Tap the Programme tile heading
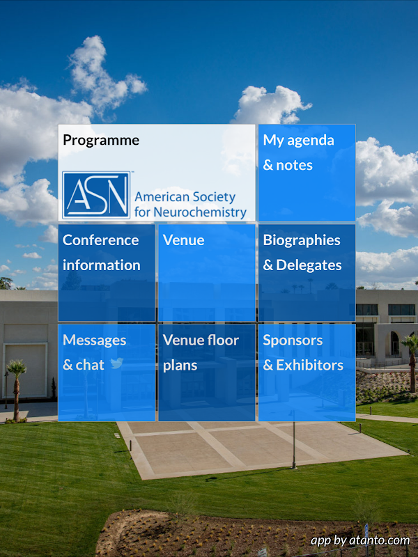pyautogui.click(x=101, y=141)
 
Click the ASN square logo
pyautogui.click(x=96, y=195)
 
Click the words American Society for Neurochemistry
pyautogui.click(x=190, y=204)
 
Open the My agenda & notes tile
pyautogui.click(x=307, y=173)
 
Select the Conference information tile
pyautogui.click(x=107, y=272)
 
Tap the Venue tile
pyautogui.click(x=206, y=272)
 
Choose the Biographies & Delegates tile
pyautogui.click(x=307, y=272)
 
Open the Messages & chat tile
pyautogui.click(x=107, y=372)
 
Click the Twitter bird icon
pyautogui.click(x=116, y=363)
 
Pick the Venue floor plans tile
pyautogui.click(x=206, y=372)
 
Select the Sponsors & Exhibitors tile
pyautogui.click(x=307, y=372)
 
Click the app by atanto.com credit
pyautogui.click(x=360, y=541)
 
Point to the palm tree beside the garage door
pyautogui.click(x=16, y=390)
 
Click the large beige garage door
pyautogui.click(x=26, y=370)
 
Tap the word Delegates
pyautogui.click(x=309, y=265)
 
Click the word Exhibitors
pyautogui.click(x=309, y=365)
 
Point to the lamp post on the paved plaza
pyautogui.click(x=293, y=439)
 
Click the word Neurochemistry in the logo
pyautogui.click(x=200, y=212)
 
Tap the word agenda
pyautogui.click(x=311, y=141)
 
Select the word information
pyautogui.click(x=102, y=265)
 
